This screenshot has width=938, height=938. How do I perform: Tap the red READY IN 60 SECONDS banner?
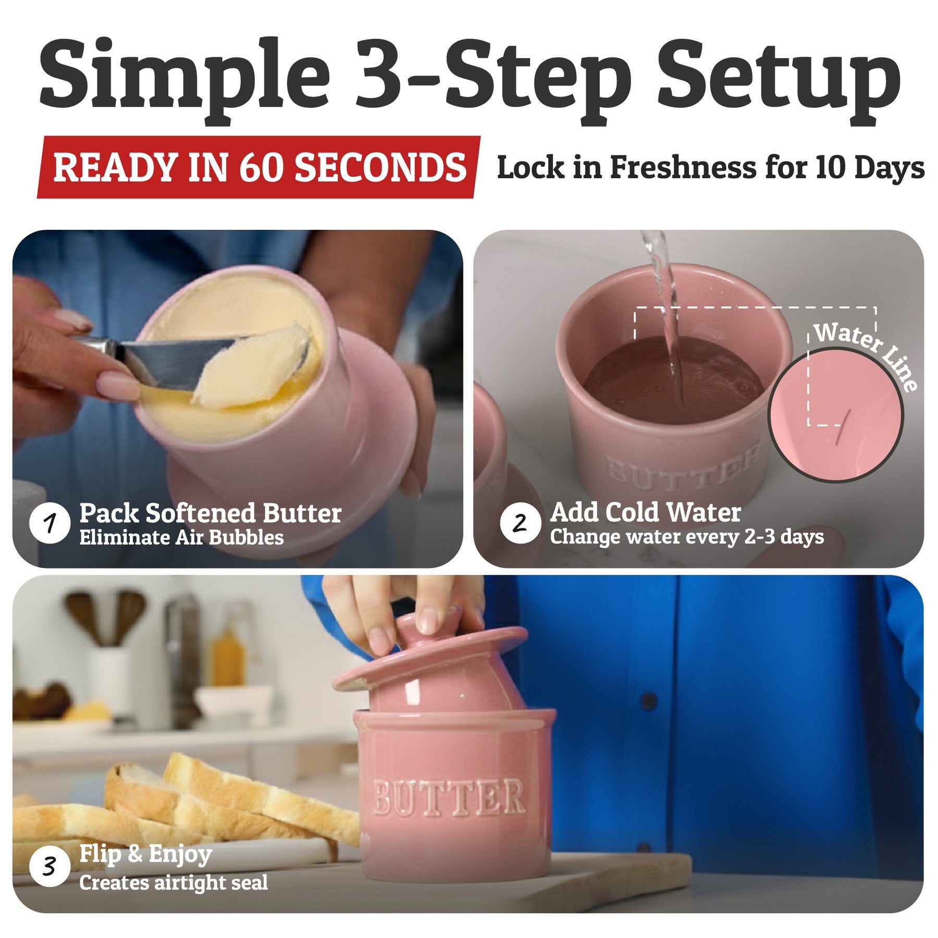click(x=258, y=167)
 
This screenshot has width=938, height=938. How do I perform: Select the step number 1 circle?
click(x=50, y=523)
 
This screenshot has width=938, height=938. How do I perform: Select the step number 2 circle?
click(x=520, y=523)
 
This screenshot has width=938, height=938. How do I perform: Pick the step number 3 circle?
click(x=50, y=866)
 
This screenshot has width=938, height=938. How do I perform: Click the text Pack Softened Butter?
click(x=211, y=513)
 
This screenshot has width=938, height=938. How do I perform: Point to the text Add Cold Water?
click(x=646, y=512)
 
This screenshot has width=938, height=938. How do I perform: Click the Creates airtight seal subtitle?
click(x=174, y=883)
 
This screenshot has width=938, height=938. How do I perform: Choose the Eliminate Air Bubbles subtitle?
click(x=181, y=537)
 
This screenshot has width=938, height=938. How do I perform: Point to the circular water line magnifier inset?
click(x=836, y=415)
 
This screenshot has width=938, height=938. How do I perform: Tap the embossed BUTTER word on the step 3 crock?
click(x=449, y=797)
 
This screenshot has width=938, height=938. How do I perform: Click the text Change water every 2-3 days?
click(x=687, y=537)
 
